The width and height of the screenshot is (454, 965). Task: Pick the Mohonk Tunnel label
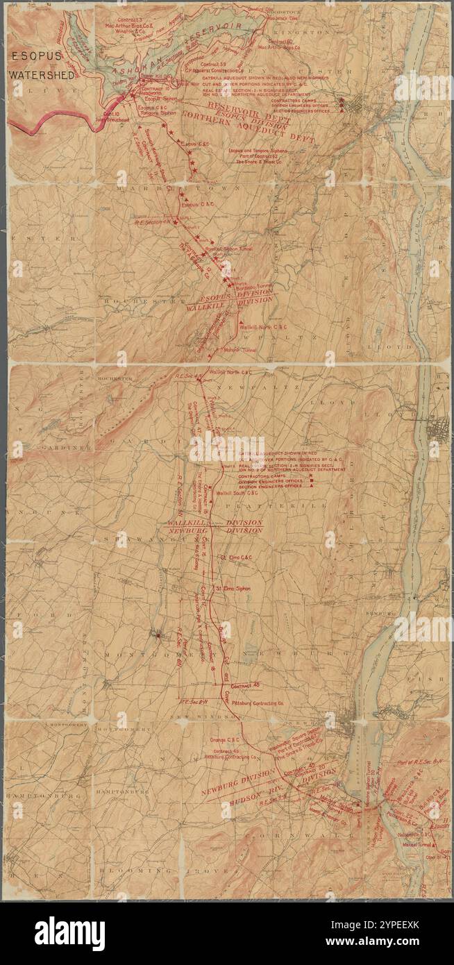pos(240,350)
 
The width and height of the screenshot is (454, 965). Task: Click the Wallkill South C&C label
pos(238,494)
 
